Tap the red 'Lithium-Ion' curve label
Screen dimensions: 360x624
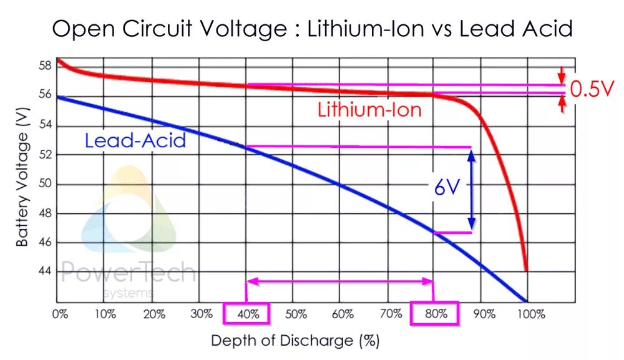pyautogui.click(x=369, y=110)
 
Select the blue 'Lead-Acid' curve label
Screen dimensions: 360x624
pyautogui.click(x=135, y=140)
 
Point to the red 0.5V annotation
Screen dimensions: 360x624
pyautogui.click(x=592, y=89)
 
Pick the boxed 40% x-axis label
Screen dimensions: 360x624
pyautogui.click(x=246, y=313)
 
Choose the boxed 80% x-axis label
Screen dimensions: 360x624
pyautogui.click(x=434, y=313)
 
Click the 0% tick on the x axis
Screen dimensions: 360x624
pyautogui.click(x=59, y=314)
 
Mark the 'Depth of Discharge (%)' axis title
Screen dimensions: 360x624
pyautogui.click(x=295, y=341)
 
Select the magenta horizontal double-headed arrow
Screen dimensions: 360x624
pyautogui.click(x=340, y=282)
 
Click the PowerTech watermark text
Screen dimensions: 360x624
pyautogui.click(x=128, y=273)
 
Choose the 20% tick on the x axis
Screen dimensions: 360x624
pyautogui.click(x=153, y=314)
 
